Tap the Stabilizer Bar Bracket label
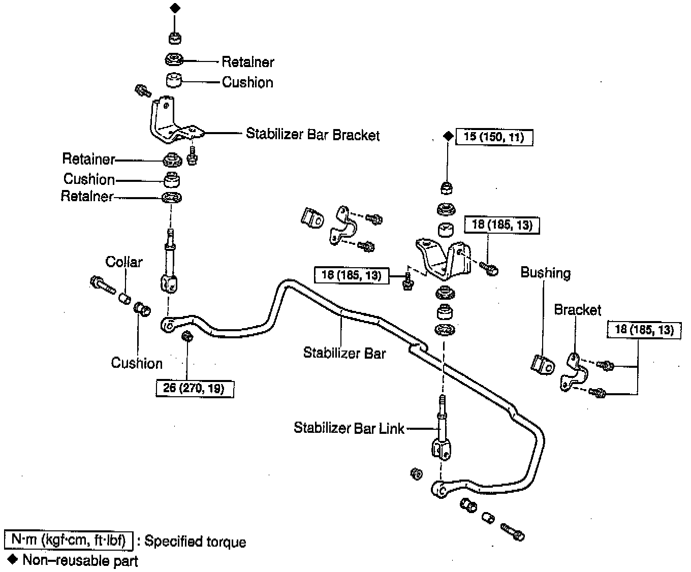pos(312,135)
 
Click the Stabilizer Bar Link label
pos(349,428)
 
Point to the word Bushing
pos(545,273)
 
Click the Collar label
pos(124,262)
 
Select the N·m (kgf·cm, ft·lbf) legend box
pos(69,540)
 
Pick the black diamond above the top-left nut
pos(175,8)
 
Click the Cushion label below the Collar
pos(137,363)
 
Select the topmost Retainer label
pos(248,62)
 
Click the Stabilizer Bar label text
pos(344,353)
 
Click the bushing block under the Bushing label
pos(542,364)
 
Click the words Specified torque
pos(196,542)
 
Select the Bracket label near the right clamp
pos(577,309)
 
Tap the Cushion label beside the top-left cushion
pos(247,82)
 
